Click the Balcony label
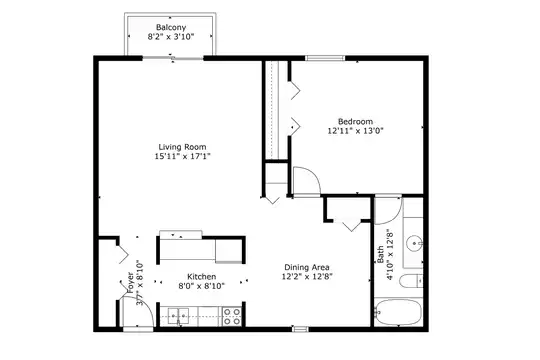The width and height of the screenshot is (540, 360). coord(171,27)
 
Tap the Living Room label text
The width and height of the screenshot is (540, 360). coord(182,147)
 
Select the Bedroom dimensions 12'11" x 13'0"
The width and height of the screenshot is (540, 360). coord(355,131)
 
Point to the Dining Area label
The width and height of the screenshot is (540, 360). coord(307,267)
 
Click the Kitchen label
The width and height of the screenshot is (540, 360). coord(201,277)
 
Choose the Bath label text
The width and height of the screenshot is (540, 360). coord(381,254)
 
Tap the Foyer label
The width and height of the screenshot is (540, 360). coord(131,283)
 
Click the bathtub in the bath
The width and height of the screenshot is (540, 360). coord(398,312)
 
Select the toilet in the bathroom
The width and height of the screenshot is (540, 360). coord(411,281)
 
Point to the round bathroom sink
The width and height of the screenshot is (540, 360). coord(414,244)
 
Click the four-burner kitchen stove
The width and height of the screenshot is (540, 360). coord(232,317)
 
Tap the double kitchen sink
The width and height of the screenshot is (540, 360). coord(178,316)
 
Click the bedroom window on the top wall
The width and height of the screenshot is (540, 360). coord(325,58)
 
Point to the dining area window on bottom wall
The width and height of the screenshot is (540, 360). coord(300,329)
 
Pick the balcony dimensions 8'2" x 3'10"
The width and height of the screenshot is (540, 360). coord(171,37)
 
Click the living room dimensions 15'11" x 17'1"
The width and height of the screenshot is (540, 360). coord(182,156)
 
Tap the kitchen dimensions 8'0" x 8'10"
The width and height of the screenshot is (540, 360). coord(201,286)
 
